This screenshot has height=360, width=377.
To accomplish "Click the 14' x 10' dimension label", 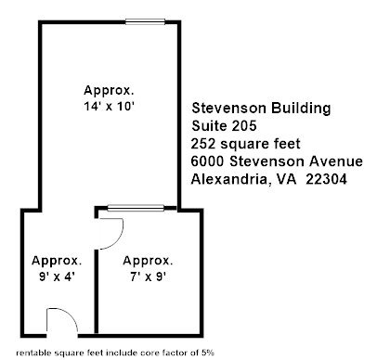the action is click(x=109, y=107).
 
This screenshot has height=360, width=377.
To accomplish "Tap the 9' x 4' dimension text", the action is click(x=58, y=276).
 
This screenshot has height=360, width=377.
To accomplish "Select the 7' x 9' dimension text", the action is click(x=149, y=276).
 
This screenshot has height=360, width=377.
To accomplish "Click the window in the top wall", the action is click(x=145, y=21).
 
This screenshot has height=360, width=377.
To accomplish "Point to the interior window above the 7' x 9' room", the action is click(x=136, y=208).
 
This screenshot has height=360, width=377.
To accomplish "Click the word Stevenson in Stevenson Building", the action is click(x=228, y=109).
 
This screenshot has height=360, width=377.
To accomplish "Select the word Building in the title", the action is click(x=301, y=109).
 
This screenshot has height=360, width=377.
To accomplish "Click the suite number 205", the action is click(x=243, y=126).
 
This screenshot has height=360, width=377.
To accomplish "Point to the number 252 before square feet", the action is click(x=203, y=144).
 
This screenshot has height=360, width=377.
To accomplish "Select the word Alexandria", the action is click(x=229, y=179).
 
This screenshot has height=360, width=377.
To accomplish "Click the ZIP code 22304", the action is click(x=326, y=179).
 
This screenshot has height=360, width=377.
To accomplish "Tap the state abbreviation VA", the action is click(x=286, y=179).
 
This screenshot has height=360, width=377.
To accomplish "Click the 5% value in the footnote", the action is click(x=208, y=353).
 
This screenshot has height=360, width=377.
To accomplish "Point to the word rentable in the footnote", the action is click(x=33, y=353).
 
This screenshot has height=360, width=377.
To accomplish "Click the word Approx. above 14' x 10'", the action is click(x=109, y=90).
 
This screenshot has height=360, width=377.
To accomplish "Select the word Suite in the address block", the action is click(x=209, y=126).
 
